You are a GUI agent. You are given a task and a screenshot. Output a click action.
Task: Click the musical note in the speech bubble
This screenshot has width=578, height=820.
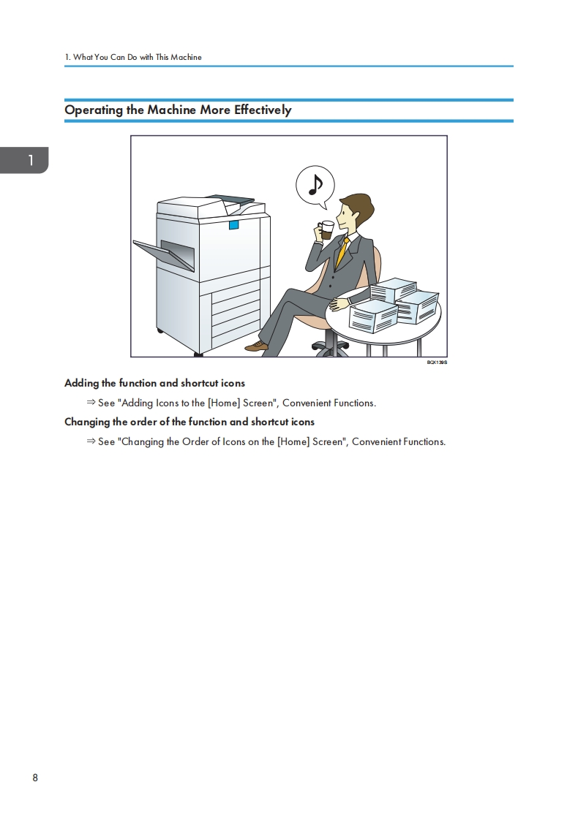315,184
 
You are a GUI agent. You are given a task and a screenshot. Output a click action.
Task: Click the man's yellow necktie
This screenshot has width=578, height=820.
341,253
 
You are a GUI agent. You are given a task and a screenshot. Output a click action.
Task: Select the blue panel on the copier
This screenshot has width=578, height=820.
233,225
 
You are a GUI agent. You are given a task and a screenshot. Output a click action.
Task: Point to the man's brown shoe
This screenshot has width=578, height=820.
257,346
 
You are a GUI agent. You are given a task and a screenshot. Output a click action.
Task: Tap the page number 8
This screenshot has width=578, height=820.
35,778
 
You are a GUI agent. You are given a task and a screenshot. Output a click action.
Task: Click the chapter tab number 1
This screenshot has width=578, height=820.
31,160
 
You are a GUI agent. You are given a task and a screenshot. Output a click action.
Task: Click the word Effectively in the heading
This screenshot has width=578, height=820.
263,110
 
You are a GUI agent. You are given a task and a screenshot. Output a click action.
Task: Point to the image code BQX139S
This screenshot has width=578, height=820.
437,362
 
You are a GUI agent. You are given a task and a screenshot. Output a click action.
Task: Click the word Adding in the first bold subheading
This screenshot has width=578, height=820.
82,384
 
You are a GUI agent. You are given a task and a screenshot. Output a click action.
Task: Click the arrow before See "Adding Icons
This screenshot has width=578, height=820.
91,402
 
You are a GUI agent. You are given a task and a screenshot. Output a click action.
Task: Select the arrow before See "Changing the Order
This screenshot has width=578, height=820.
91,441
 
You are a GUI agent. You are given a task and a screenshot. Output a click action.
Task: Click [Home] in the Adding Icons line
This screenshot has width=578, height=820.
224,403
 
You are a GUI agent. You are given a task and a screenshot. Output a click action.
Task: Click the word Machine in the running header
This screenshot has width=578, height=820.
186,57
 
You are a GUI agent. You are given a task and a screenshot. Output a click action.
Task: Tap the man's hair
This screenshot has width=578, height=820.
358,207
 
